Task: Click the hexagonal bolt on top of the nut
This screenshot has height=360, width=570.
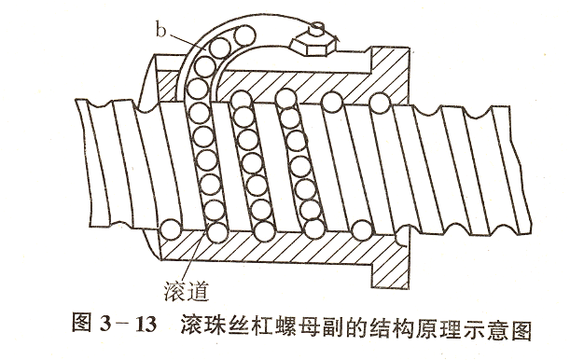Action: pyautogui.click(x=307, y=43)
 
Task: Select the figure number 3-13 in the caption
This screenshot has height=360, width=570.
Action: pyautogui.click(x=125, y=328)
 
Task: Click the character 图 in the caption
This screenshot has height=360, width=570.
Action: pyautogui.click(x=82, y=328)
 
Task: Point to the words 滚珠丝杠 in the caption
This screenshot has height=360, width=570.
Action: pyautogui.click(x=223, y=328)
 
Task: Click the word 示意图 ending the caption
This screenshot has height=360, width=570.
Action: pyautogui.click(x=503, y=328)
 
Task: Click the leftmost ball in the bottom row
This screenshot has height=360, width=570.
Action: pyautogui.click(x=169, y=228)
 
